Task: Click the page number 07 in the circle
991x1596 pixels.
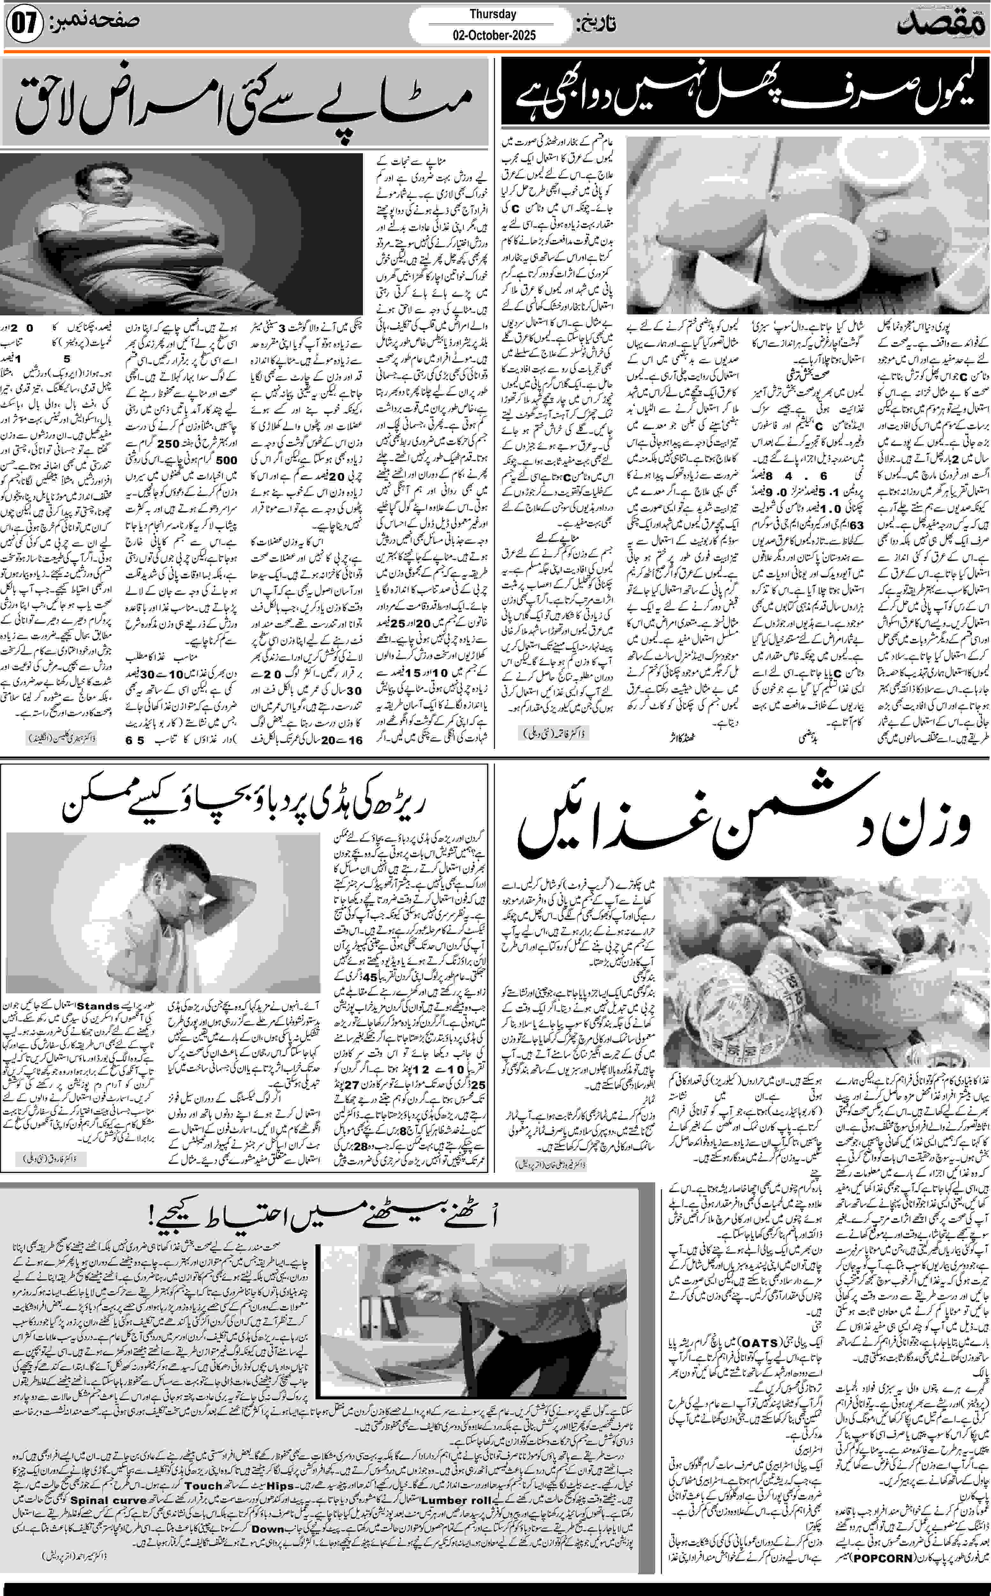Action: (25, 25)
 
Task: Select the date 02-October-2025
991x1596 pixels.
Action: (493, 35)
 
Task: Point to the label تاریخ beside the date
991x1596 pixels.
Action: (595, 25)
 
